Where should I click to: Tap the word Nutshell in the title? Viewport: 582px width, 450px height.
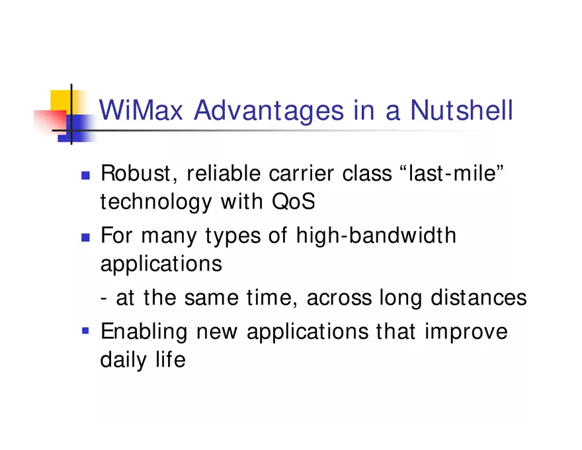pos(461,111)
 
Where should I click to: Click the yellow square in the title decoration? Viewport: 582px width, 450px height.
pos(61,100)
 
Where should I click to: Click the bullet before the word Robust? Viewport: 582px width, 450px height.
pos(85,175)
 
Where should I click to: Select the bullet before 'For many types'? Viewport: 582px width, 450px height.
pos(85,236)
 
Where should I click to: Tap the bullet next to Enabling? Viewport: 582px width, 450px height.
pos(85,329)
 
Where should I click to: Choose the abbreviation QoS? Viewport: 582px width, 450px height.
pos(293,202)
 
